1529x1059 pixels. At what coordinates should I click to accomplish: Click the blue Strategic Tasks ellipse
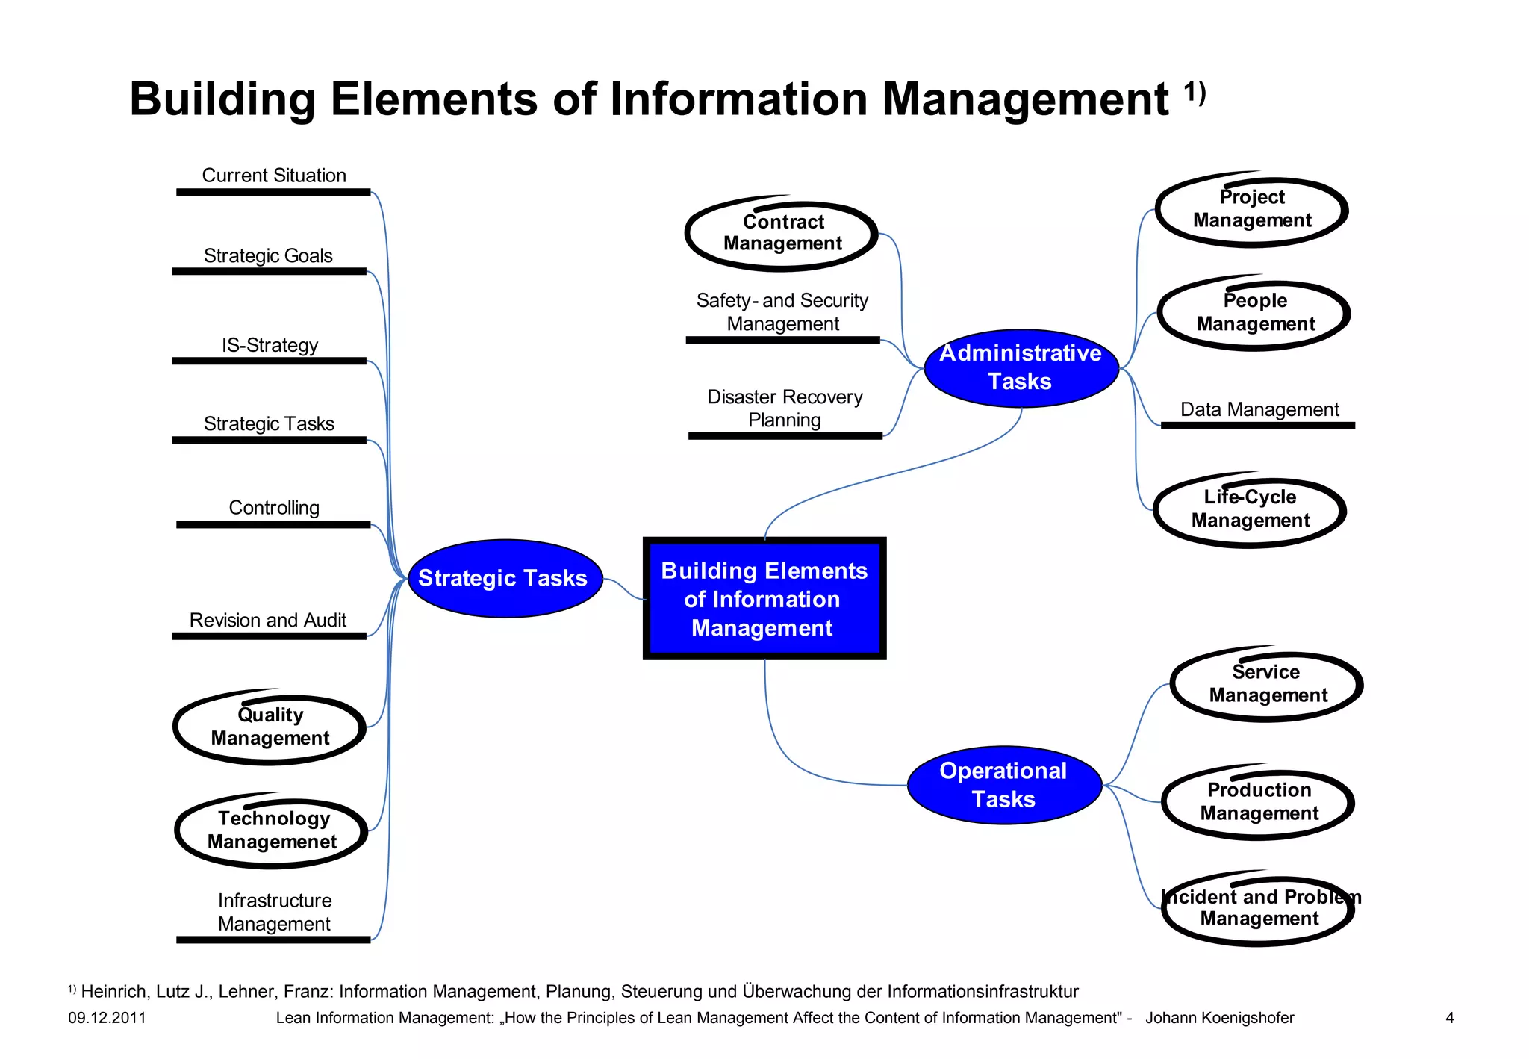[x=505, y=578]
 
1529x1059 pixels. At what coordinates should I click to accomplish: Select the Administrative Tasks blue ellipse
[x=1021, y=367]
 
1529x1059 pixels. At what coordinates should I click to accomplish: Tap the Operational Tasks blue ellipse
[x=1004, y=785]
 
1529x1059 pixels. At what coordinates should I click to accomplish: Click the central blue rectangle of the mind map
[x=764, y=599]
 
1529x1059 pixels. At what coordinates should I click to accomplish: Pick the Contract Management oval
[x=782, y=235]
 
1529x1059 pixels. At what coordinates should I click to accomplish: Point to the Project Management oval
[x=1251, y=210]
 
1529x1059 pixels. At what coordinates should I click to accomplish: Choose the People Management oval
[x=1254, y=314]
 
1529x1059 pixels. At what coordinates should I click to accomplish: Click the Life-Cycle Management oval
[x=1250, y=511]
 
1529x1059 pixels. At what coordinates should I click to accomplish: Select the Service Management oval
[x=1267, y=685]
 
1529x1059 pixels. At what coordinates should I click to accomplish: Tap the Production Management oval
[x=1259, y=803]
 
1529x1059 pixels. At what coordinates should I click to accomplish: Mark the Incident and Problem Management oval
[x=1259, y=909]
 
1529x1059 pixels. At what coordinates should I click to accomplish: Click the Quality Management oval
[x=270, y=727]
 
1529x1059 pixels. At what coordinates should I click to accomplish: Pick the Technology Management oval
[x=272, y=831]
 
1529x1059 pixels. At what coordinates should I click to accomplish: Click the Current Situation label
[x=274, y=176]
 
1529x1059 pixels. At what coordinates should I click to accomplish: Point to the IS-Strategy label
[x=270, y=345]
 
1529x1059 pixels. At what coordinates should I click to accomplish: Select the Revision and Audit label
[x=267, y=620]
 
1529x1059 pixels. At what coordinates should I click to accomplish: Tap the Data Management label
[x=1259, y=409]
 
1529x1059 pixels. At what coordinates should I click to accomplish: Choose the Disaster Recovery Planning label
[x=785, y=409]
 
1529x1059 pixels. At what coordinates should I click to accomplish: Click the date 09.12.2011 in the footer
[x=107, y=1018]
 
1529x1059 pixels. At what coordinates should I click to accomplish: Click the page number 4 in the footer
[x=1450, y=1018]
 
